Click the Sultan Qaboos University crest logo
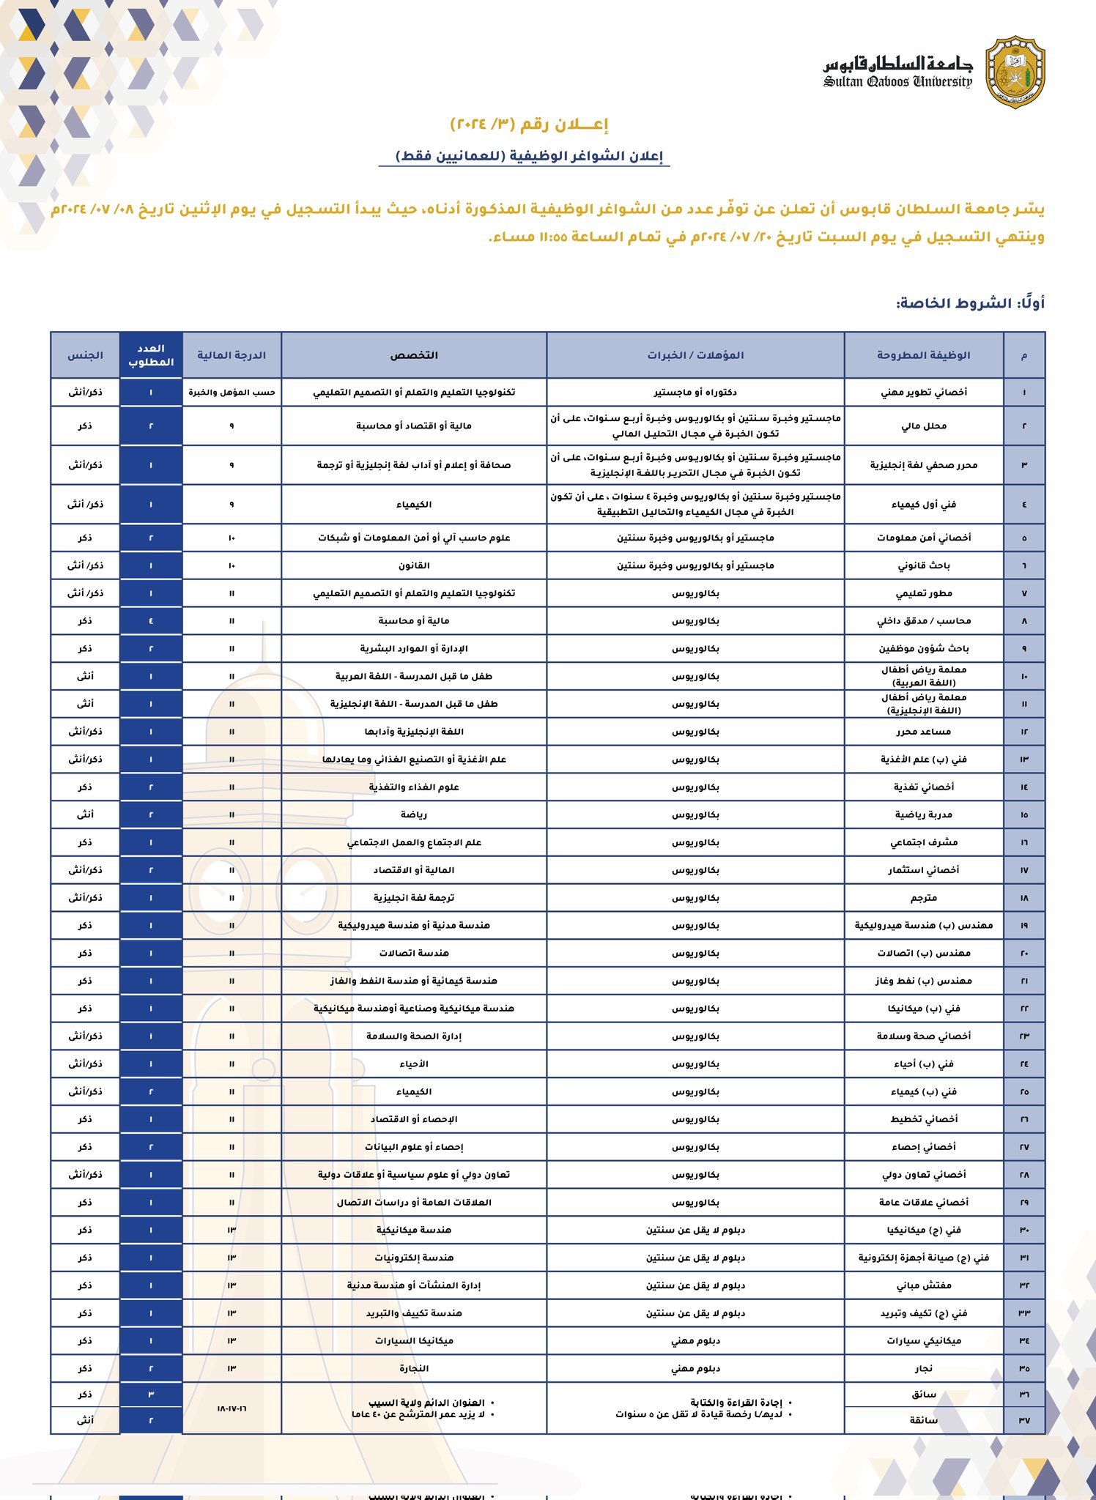click(1015, 72)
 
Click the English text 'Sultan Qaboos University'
click(897, 82)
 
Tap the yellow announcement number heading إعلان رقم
click(529, 125)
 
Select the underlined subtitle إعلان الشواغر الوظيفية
click(529, 156)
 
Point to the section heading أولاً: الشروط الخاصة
click(970, 303)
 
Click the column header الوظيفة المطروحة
click(923, 355)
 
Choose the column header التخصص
click(414, 355)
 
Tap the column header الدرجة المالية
click(232, 355)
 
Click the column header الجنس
click(85, 355)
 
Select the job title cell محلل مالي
click(923, 426)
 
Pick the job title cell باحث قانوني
click(923, 565)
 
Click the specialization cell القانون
click(414, 565)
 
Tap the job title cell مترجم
click(923, 898)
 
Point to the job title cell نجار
click(923, 1368)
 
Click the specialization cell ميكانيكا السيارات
click(414, 1340)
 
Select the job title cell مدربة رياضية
click(923, 814)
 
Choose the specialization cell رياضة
click(414, 814)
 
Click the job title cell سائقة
click(923, 1420)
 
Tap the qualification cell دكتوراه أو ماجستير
click(695, 392)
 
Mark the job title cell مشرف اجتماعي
click(923, 842)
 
